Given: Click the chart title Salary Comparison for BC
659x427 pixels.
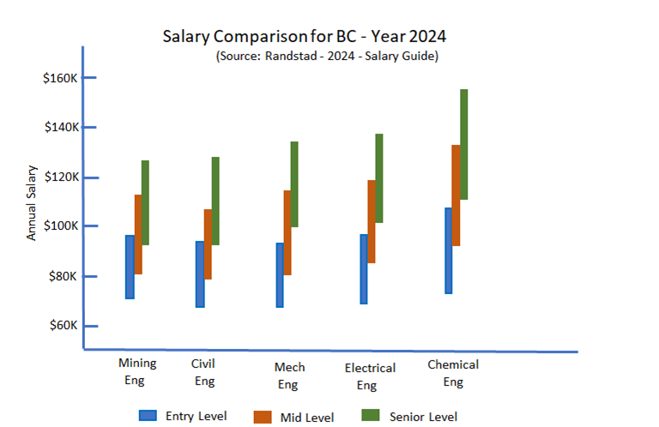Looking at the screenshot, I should coord(304,37).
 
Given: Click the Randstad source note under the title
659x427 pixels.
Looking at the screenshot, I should coord(328,56).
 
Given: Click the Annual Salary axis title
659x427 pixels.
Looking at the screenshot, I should coord(32,202).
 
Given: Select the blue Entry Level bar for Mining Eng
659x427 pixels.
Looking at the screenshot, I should coord(130,267).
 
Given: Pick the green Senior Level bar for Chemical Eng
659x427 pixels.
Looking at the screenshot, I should coord(464,144).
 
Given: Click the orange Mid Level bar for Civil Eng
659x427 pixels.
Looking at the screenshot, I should coord(208,244).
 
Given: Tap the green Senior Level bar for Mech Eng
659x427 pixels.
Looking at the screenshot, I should coord(294,184).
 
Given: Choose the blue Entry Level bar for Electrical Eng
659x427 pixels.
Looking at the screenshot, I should coord(364,269).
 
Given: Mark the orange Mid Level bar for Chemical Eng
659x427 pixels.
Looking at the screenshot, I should coord(456,195).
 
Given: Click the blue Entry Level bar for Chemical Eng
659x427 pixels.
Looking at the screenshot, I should coord(449,250).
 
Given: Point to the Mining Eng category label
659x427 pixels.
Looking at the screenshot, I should coord(137,371).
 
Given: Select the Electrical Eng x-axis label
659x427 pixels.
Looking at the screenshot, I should coord(370,376).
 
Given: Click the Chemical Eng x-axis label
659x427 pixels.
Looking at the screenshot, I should coord(453,373).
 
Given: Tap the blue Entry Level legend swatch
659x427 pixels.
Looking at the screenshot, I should coord(148,416).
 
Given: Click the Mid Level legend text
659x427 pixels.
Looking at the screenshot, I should coord(305,418).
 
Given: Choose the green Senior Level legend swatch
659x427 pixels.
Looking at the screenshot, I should coord(370,416).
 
